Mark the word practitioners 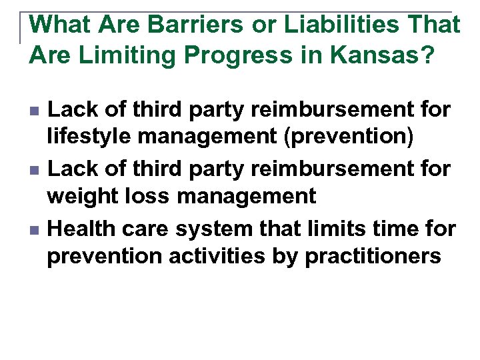pyautogui.click(x=373, y=256)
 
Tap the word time pyautogui.click(x=401, y=229)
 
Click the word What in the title pyautogui.click(x=60, y=25)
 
